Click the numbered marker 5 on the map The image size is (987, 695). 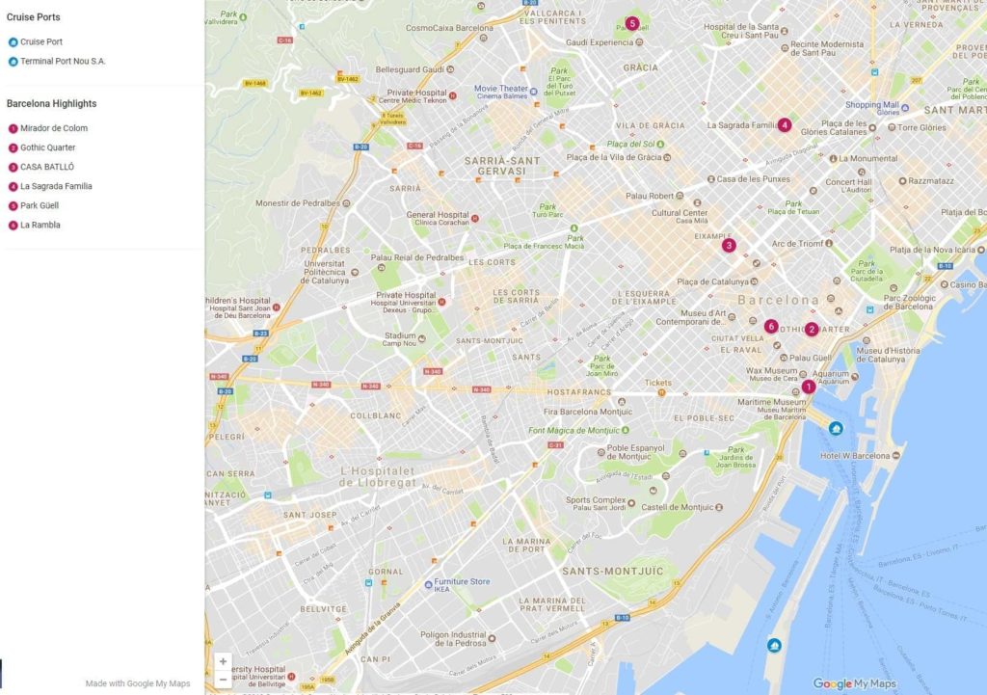[631, 23]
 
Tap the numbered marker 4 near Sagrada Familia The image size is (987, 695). [785, 124]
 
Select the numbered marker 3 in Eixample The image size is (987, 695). [729, 245]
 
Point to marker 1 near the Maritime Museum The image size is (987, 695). [808, 387]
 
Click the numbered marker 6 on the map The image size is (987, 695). [771, 326]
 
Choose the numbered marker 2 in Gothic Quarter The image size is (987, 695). [812, 329]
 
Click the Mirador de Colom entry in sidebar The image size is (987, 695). [53, 128]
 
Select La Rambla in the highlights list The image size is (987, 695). [40, 225]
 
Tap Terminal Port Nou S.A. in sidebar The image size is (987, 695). [63, 62]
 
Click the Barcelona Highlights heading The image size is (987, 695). [51, 103]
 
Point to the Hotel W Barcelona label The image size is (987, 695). [854, 455]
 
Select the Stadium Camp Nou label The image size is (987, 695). [400, 339]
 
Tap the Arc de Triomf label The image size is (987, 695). [797, 244]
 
